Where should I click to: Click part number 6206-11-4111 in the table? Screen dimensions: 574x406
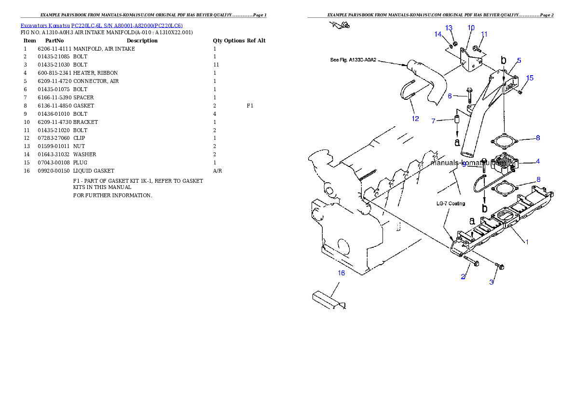point(55,49)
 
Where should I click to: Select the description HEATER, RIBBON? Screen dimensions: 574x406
point(96,73)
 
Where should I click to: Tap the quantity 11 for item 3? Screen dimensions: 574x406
point(216,65)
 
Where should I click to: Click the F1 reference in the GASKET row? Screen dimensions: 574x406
point(250,106)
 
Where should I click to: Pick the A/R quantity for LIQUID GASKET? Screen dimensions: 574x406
point(218,171)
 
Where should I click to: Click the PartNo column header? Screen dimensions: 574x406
point(55,41)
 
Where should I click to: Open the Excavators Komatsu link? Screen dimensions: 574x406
point(45,26)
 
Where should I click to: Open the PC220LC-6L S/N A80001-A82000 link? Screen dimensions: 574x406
point(127,26)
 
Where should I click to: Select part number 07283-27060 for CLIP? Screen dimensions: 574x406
point(54,138)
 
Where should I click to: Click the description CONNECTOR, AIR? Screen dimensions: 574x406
point(96,81)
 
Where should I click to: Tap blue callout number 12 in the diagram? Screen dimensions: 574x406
point(415,119)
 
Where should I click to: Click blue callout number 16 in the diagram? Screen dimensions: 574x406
point(341,273)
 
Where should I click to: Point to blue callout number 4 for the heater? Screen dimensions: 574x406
point(538,161)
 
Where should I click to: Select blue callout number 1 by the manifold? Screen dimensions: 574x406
point(527,242)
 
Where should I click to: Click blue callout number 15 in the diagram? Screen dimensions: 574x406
point(530,78)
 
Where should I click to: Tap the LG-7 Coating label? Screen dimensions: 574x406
point(451,203)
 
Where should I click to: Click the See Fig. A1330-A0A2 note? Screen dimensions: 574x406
point(353,60)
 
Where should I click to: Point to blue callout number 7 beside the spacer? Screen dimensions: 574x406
point(434,121)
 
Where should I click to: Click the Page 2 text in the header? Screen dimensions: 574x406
point(547,15)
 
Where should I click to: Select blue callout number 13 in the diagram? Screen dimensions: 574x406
point(449,28)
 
